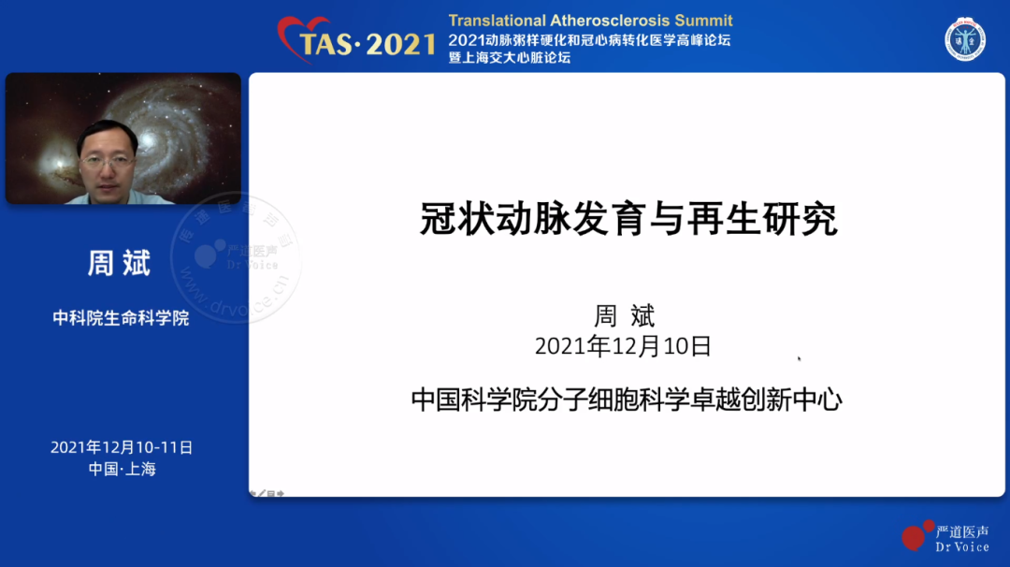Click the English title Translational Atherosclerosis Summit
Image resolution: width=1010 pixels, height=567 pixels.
(x=591, y=21)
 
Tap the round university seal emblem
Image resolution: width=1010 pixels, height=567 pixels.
(x=965, y=40)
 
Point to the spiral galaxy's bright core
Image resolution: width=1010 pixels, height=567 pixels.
(x=150, y=139)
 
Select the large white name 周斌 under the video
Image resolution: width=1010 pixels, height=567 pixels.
(x=119, y=263)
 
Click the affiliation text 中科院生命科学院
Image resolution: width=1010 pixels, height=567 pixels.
(x=121, y=318)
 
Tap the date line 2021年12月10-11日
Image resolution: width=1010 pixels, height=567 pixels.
(x=122, y=447)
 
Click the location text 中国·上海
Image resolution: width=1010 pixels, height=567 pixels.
(x=123, y=469)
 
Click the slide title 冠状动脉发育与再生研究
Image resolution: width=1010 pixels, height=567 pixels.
(x=628, y=219)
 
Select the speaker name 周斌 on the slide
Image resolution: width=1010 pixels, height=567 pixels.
(x=624, y=316)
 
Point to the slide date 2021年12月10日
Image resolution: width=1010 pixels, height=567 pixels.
(x=623, y=346)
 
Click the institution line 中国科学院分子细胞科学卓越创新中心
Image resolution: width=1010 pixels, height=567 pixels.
(x=627, y=400)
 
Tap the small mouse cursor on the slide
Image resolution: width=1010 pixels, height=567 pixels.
(x=799, y=359)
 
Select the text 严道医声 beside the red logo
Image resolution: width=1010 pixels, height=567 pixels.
(x=962, y=531)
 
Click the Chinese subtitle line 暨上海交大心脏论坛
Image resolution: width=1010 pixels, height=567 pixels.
(x=510, y=58)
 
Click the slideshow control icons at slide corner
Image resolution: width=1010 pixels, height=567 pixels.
(x=267, y=493)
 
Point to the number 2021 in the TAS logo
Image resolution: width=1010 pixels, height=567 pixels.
(x=400, y=45)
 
